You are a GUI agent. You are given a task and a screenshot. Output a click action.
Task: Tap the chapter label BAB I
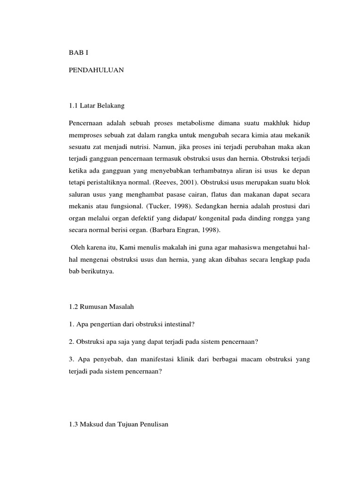(x=78, y=52)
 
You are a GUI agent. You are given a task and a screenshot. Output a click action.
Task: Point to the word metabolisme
(x=192, y=123)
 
